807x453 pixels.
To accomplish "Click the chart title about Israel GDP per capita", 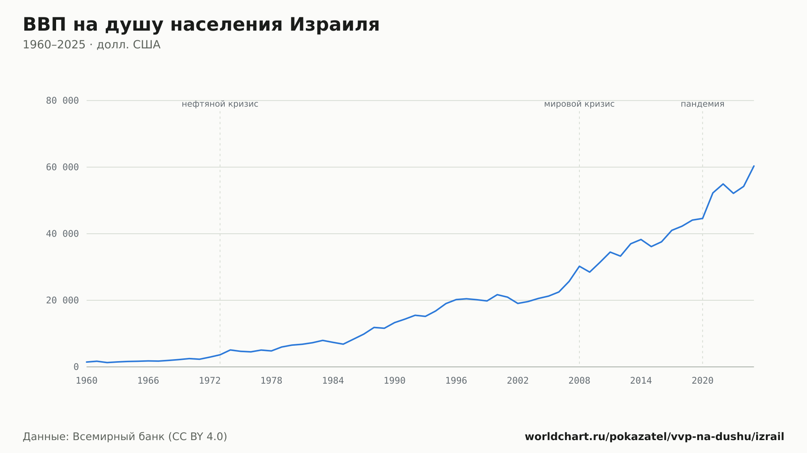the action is pos(201,25).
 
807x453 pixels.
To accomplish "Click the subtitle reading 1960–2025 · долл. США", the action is pos(92,45).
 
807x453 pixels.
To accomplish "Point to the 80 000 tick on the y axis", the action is pos(62,101).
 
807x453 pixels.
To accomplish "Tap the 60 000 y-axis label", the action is pos(62,167).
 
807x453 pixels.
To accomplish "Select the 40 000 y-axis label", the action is pos(62,234).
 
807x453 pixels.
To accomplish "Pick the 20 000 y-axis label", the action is pos(62,300).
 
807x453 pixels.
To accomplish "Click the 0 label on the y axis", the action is pos(76,367).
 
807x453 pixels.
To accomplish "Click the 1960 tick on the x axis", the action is pos(87,381).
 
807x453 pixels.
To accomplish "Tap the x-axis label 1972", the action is pos(210,381).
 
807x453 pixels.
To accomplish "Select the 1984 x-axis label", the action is pos(333,381).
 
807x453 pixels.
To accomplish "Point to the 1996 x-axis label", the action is pos(456,381).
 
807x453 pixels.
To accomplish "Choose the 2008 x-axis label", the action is pos(579,381).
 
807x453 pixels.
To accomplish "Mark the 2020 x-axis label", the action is pos(702,381).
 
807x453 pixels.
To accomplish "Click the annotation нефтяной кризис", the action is pos(220,104).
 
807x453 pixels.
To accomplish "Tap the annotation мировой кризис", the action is pos(579,104).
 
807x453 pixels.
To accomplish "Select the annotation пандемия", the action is pos(702,104).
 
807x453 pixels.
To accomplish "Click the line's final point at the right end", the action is pos(754,166).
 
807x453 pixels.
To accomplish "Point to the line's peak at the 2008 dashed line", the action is pos(579,266).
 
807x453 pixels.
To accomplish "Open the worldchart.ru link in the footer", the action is pos(654,436).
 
